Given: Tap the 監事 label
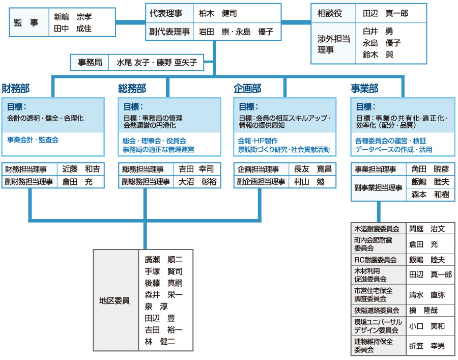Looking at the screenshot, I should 26,22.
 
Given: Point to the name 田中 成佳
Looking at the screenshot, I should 73,29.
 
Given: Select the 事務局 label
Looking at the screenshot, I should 90,63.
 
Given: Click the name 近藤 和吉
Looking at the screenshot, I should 81,169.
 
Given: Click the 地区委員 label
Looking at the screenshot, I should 114,300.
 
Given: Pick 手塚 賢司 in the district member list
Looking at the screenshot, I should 163,271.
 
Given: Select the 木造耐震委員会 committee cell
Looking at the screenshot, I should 377,229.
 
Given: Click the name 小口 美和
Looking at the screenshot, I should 427,326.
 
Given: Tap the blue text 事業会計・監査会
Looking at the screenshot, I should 33,139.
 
